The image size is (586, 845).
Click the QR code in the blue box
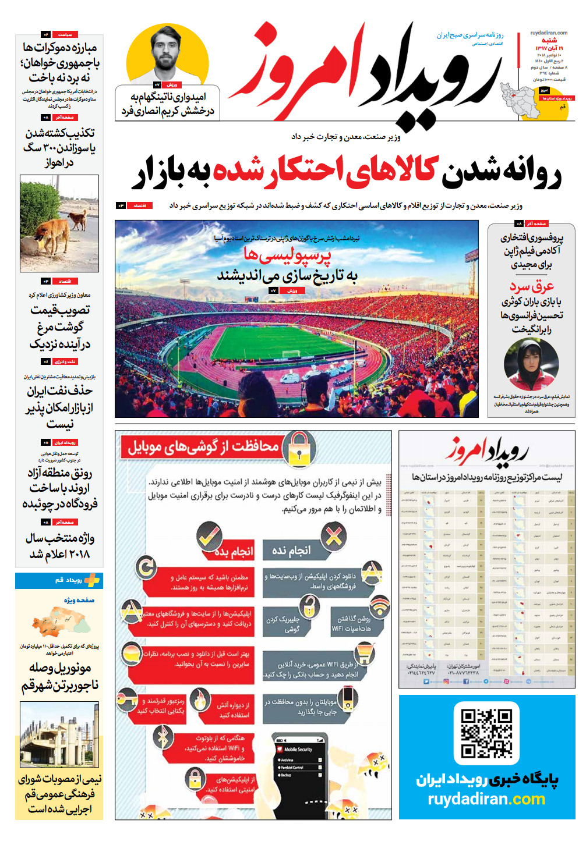click(x=486, y=733)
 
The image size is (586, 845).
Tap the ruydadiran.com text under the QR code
click(x=486, y=799)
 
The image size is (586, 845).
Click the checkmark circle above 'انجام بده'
click(x=209, y=536)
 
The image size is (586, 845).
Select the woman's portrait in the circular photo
click(x=531, y=364)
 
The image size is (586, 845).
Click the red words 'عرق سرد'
click(x=531, y=286)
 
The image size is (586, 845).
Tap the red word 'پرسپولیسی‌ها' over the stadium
click(x=287, y=254)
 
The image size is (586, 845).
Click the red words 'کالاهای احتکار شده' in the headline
click(x=326, y=171)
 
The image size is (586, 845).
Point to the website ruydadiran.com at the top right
click(x=549, y=33)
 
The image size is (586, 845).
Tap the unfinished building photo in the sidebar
click(x=59, y=734)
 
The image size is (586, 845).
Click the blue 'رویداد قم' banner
click(x=59, y=580)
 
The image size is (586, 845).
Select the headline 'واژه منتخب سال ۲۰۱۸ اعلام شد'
click(x=59, y=546)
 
